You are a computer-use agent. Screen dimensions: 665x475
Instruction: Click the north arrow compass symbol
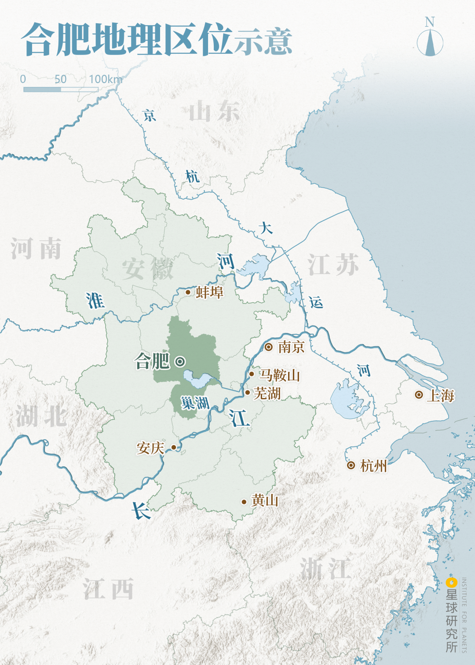point(430,43)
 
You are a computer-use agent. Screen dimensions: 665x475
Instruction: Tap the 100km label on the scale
point(105,79)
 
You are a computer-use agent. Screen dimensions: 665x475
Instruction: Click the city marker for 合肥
point(180,362)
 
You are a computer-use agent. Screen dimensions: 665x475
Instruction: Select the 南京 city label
point(291,347)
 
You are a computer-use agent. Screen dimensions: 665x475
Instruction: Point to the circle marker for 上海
point(419,395)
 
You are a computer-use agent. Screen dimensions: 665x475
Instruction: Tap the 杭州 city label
point(374,466)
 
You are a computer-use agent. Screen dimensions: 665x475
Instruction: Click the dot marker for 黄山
point(244,502)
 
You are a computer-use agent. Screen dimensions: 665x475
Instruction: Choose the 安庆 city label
point(150,448)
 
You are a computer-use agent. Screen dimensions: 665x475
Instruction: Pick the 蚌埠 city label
point(209,292)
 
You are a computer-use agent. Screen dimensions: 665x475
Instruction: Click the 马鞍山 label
point(279,375)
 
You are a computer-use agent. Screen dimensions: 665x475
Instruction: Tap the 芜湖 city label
point(267,393)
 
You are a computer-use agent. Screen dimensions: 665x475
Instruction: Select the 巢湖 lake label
point(195,402)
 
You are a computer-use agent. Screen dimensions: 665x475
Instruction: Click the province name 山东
point(214,111)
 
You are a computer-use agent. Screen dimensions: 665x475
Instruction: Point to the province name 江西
point(108,589)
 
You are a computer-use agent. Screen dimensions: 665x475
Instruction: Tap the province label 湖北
point(41,416)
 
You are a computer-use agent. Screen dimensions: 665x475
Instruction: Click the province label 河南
point(36,248)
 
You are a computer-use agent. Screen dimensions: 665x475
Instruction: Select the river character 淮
point(95,301)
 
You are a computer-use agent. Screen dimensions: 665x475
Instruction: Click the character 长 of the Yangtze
point(141,511)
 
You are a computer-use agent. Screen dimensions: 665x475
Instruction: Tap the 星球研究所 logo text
point(452,620)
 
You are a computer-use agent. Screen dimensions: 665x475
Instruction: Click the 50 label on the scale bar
point(60,79)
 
